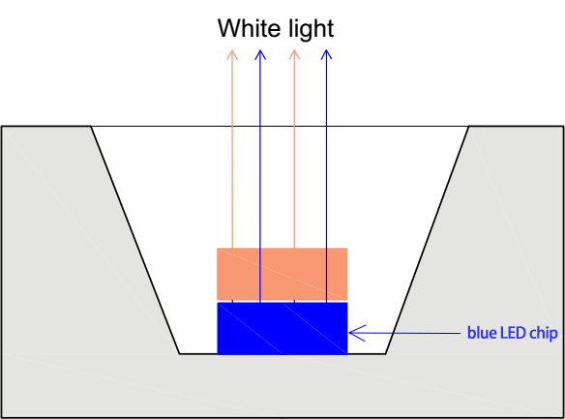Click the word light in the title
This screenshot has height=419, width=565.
coord(307,30)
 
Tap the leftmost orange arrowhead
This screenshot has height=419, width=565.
coord(232,54)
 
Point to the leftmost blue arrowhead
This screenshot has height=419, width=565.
coord(260,54)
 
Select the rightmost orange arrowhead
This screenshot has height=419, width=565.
coord(294,54)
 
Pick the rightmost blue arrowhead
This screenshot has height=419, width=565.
coord(326,54)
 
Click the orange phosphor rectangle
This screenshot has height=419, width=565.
coord(282,274)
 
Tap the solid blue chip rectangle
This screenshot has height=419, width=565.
coord(282,328)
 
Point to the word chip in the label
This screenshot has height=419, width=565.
coord(544,334)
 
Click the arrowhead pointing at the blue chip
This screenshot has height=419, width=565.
coord(357,333)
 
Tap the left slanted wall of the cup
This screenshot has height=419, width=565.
coord(135,240)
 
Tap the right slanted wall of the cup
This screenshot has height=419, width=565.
coord(427,240)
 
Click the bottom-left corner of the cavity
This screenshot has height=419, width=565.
coord(180,354)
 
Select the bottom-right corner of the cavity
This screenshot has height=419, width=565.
coord(385,354)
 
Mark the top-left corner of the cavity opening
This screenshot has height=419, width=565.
coord(91,126)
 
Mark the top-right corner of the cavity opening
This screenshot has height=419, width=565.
coord(469,126)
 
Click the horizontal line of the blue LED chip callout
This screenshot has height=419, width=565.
coord(404,333)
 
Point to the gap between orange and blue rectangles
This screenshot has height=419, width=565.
coord(282,301)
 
